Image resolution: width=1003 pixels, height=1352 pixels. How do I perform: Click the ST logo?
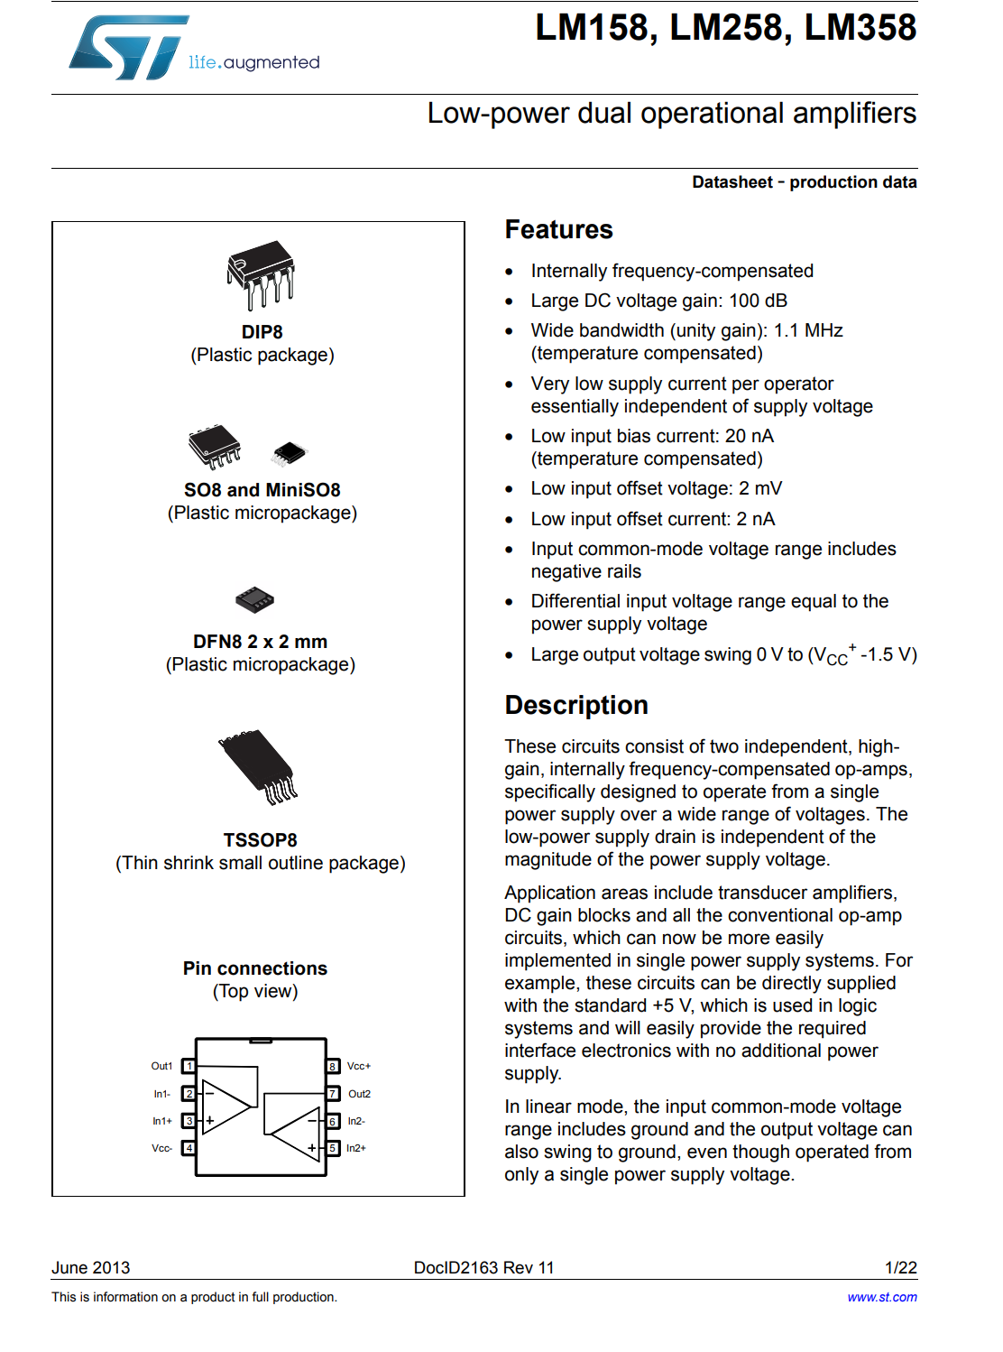tap(129, 48)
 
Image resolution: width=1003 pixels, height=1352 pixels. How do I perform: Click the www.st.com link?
tap(881, 1297)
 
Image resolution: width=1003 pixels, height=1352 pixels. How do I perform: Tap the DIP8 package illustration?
tap(261, 274)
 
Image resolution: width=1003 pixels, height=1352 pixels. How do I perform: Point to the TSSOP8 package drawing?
tap(259, 766)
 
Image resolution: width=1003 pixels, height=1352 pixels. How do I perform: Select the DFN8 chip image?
tap(254, 598)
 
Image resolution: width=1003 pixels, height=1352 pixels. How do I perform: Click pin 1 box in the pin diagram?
tap(189, 1066)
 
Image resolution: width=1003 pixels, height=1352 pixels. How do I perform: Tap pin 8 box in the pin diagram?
tap(333, 1066)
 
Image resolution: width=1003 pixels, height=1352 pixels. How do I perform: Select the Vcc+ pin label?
tap(359, 1066)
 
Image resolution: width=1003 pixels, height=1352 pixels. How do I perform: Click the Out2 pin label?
tap(359, 1094)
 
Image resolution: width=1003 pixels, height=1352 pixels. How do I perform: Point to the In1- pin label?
tap(162, 1094)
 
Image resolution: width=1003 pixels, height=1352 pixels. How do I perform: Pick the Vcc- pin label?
tap(162, 1148)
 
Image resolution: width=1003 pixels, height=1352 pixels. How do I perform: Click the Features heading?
tap(558, 230)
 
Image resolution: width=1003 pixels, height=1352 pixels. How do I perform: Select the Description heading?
tap(576, 705)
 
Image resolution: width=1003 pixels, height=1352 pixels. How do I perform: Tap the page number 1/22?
tap(900, 1268)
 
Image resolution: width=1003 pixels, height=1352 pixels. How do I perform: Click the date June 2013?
tap(91, 1268)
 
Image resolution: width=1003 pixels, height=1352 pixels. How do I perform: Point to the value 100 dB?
tap(758, 301)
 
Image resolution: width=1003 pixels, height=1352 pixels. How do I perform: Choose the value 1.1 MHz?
tap(808, 330)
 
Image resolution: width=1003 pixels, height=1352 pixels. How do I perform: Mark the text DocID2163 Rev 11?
tap(483, 1268)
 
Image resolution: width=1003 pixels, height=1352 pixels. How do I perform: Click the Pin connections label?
tap(255, 968)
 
